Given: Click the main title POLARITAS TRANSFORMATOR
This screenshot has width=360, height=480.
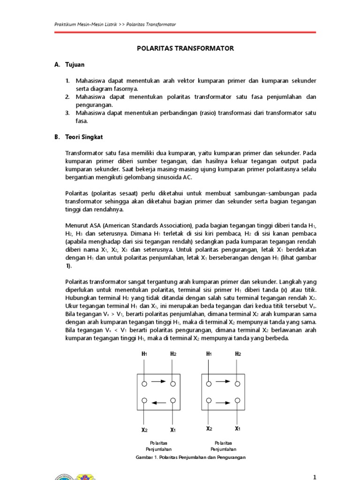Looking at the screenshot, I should pos(185,48).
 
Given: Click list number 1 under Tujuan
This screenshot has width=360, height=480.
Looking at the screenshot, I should pos(67,81).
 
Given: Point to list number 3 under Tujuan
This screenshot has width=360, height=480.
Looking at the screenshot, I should pos(67,113).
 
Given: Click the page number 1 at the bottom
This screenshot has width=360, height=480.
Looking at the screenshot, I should pos(315,477).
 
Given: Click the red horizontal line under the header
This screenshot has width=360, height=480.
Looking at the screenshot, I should pos(185,32).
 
